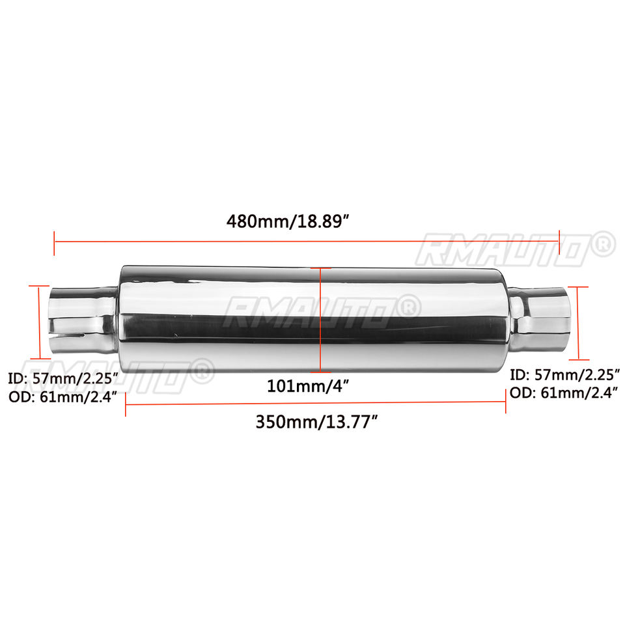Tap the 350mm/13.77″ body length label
pyautogui.click(x=316, y=422)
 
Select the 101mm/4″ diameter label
pyautogui.click(x=308, y=386)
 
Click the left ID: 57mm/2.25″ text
pyautogui.click(x=63, y=378)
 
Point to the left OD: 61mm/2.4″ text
pyautogui.click(x=63, y=397)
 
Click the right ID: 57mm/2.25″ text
pyautogui.click(x=565, y=375)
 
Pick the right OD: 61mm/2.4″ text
pyautogui.click(x=564, y=393)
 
